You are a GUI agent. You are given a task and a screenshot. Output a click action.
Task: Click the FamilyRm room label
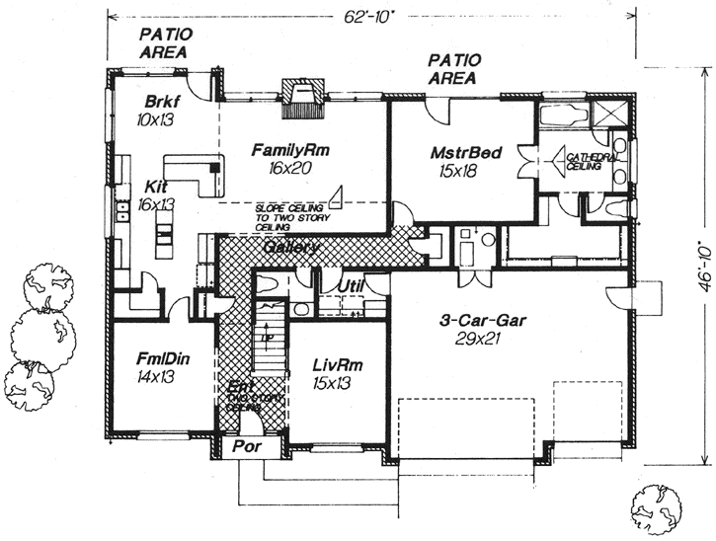[x=289, y=150]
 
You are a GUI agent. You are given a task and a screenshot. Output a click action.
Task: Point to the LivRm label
[x=337, y=365]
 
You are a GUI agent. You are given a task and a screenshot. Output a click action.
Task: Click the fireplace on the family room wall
[x=297, y=98]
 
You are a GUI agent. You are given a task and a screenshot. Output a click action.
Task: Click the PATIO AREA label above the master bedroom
[x=452, y=68]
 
